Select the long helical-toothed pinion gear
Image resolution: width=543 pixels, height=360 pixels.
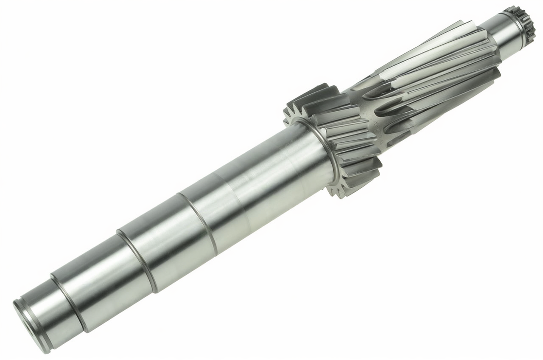pos(428,81)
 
